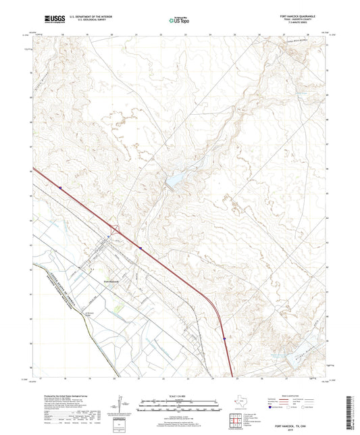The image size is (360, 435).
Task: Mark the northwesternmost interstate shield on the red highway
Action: tap(60, 188)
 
